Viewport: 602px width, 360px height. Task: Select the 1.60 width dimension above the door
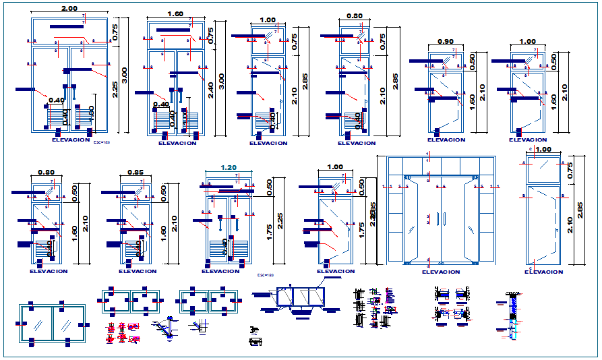click(x=175, y=13)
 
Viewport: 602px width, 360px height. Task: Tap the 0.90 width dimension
click(x=445, y=42)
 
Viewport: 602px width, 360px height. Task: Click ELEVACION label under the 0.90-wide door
click(x=446, y=140)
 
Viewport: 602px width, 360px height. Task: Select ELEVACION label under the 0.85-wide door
click(x=138, y=271)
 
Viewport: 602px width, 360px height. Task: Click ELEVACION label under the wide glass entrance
click(x=441, y=272)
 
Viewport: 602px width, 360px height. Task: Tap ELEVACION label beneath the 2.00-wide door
click(x=70, y=140)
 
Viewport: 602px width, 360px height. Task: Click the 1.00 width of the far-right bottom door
click(x=543, y=150)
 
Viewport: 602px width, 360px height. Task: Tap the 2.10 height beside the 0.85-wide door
click(x=174, y=222)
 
